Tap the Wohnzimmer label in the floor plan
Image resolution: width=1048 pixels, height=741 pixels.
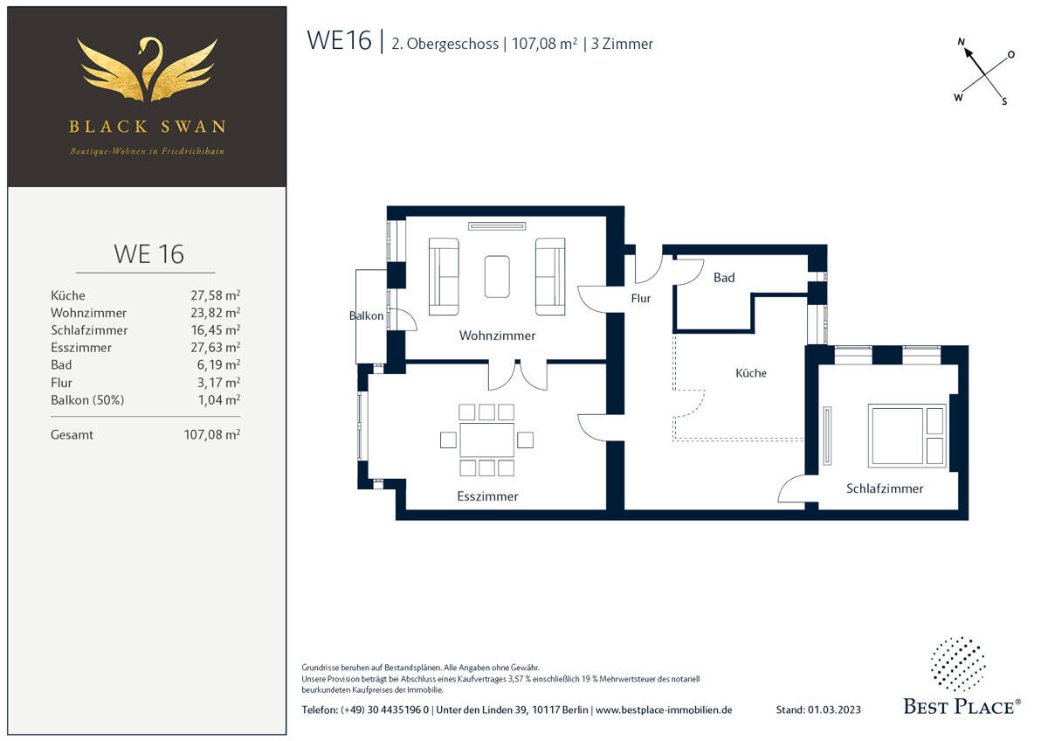click(x=497, y=336)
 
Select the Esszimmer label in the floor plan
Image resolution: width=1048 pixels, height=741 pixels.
click(x=487, y=496)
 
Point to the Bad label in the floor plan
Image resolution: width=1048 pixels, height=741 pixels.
click(x=724, y=278)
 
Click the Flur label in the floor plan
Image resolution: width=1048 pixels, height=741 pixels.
click(x=641, y=298)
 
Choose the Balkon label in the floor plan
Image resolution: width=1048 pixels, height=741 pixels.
click(x=366, y=315)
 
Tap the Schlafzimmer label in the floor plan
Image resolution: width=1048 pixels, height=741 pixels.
click(x=884, y=488)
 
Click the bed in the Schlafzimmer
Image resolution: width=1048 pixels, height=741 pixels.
click(x=907, y=434)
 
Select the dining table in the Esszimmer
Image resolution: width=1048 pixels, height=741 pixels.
click(x=487, y=440)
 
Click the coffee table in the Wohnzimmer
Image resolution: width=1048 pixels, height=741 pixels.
click(x=497, y=276)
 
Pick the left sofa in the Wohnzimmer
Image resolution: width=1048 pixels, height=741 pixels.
click(x=444, y=276)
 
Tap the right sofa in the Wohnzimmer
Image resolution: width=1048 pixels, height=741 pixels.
click(x=550, y=276)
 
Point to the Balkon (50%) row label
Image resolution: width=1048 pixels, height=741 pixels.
click(x=87, y=400)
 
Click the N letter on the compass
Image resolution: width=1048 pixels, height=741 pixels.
click(x=962, y=42)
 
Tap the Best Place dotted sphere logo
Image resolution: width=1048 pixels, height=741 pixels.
click(x=958, y=664)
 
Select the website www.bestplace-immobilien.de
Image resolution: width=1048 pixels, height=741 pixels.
click(x=664, y=710)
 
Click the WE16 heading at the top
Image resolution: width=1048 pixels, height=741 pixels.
click(x=339, y=41)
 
